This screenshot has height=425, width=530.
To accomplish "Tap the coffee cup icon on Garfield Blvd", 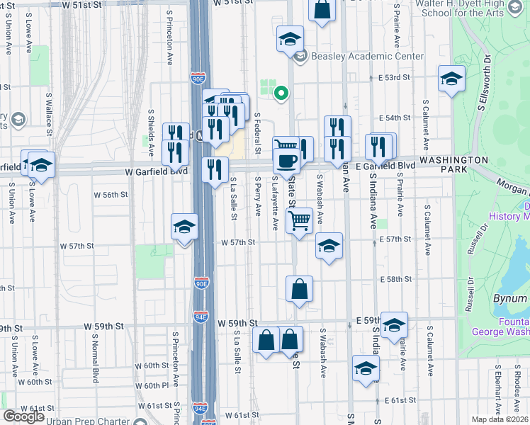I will click(x=286, y=161).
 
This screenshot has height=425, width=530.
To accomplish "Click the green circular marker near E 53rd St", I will click(x=281, y=91).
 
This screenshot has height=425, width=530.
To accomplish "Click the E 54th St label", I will click(x=395, y=118).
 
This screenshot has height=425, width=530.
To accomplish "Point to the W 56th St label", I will click(x=111, y=194).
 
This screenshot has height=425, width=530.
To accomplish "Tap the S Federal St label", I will click(x=256, y=132).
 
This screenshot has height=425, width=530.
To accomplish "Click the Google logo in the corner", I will click(x=23, y=416).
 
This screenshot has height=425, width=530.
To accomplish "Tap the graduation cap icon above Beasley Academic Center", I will click(x=289, y=39).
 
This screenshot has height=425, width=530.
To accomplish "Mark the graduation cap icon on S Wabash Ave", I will click(x=329, y=246).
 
